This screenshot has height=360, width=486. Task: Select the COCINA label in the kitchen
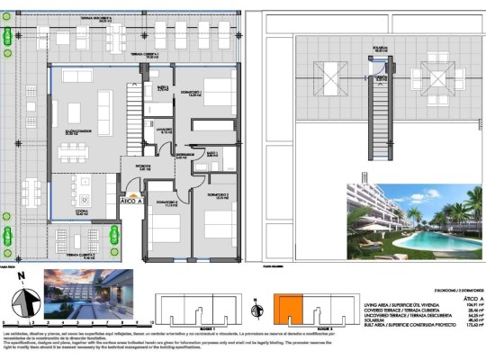(x=57, y=214)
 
